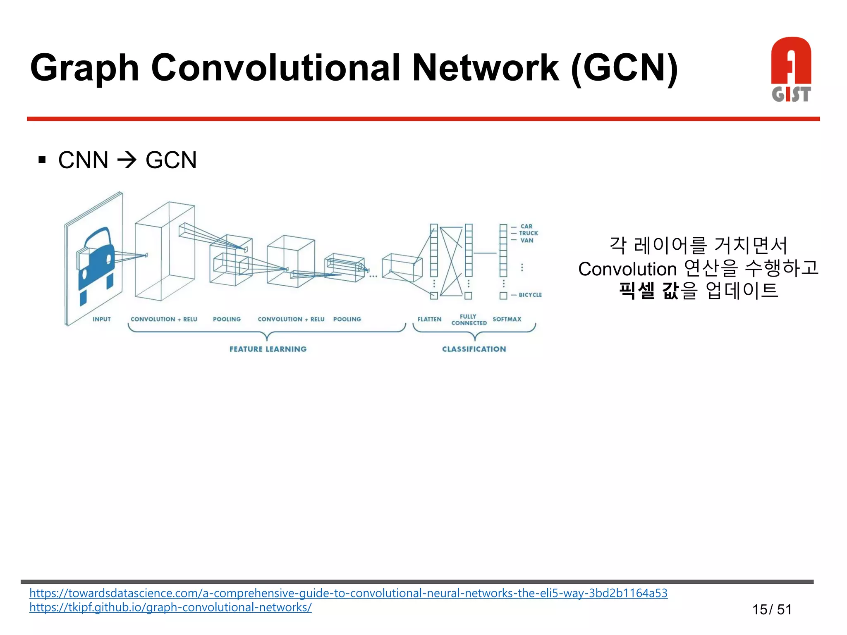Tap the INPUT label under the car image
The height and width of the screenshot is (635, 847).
[x=102, y=319]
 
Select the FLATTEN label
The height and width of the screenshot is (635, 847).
[x=429, y=319]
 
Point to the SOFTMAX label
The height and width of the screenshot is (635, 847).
[x=507, y=319]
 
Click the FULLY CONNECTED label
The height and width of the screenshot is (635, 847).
[x=469, y=320]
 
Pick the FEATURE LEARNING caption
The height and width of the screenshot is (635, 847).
[x=268, y=349]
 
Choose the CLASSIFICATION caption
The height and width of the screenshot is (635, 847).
[x=474, y=349]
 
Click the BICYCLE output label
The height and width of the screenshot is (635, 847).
[x=530, y=295]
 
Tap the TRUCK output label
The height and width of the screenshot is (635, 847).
[x=529, y=233]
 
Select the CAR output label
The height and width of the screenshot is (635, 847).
[x=526, y=226]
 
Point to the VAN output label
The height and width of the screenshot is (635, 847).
[x=527, y=240]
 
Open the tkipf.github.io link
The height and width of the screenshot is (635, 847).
[x=170, y=607]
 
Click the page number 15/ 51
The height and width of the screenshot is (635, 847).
[x=772, y=609]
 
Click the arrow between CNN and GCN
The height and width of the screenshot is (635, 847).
[x=127, y=160]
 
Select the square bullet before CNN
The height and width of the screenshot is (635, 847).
[x=42, y=160]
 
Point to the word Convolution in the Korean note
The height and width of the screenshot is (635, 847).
[x=627, y=269]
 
